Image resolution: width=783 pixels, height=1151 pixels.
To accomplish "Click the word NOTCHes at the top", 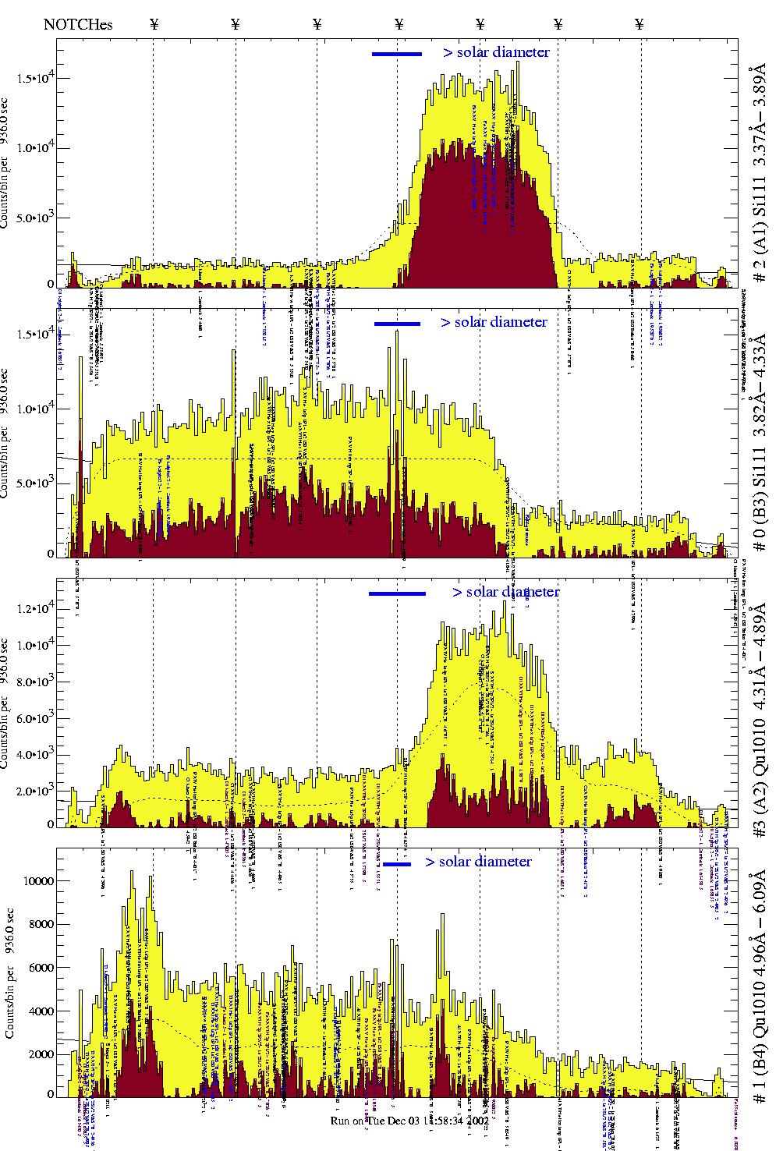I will click(78, 24).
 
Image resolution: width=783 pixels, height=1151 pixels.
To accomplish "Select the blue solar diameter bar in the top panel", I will click(397, 54).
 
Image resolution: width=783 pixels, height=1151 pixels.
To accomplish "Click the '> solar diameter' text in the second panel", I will click(494, 322).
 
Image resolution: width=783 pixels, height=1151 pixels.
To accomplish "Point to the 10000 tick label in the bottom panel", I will click(38, 881).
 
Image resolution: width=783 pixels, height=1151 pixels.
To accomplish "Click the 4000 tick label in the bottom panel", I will click(41, 1011).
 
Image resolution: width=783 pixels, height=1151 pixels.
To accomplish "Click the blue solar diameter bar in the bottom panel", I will click(397, 864).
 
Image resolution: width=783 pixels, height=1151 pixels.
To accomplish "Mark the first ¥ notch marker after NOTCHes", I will click(154, 24).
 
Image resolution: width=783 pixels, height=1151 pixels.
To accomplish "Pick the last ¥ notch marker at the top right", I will click(640, 24).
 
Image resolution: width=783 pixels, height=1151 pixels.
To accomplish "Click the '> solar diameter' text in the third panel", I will click(505, 592).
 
